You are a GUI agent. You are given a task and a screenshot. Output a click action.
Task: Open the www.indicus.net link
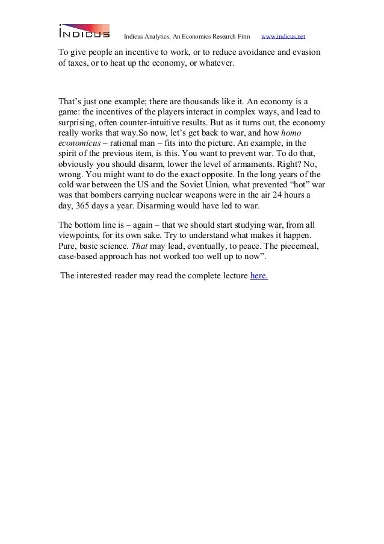click(283, 30)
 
